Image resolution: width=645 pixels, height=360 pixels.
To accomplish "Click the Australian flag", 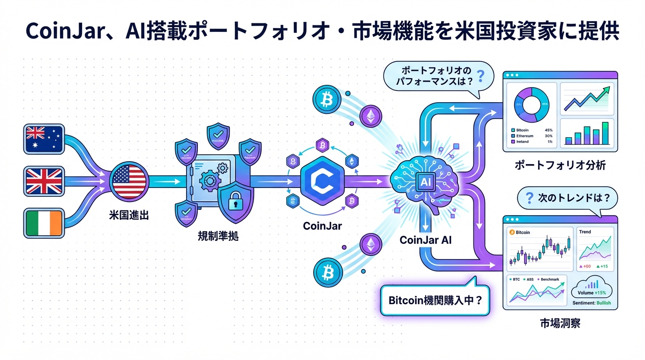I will tap(44, 138).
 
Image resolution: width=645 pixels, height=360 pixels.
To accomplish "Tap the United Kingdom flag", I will tap(44, 180).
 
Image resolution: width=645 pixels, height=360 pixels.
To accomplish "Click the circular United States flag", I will tap(130, 180).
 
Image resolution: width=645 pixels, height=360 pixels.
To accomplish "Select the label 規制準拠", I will tap(218, 237).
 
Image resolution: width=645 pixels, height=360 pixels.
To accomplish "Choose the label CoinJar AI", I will tap(426, 240).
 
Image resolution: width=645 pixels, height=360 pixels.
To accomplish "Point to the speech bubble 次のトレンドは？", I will tap(567, 198).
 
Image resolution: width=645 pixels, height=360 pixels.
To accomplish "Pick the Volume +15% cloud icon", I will tap(592, 287).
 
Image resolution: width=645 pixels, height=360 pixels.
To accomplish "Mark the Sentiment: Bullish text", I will tap(592, 303).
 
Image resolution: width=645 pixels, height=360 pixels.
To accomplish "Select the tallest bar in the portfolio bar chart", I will tap(605, 133).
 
